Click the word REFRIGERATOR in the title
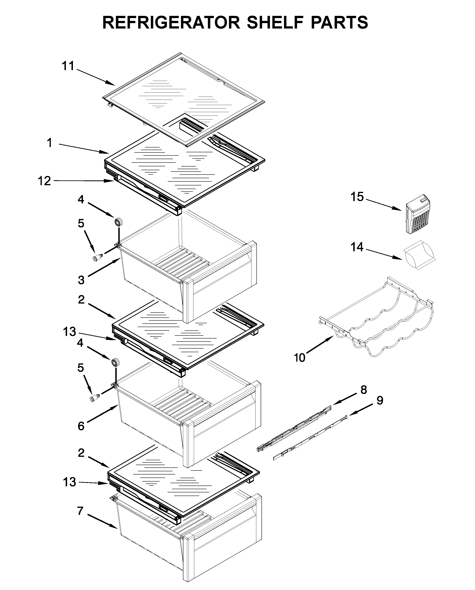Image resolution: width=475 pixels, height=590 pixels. click(171, 22)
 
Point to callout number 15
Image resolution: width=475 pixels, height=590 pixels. click(357, 197)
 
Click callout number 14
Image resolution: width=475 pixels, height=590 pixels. click(357, 247)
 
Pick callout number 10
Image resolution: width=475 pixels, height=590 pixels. click(300, 357)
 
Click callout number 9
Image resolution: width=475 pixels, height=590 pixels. click(380, 401)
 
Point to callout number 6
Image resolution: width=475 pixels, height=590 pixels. click(81, 426)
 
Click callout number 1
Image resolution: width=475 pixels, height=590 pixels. click(50, 143)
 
